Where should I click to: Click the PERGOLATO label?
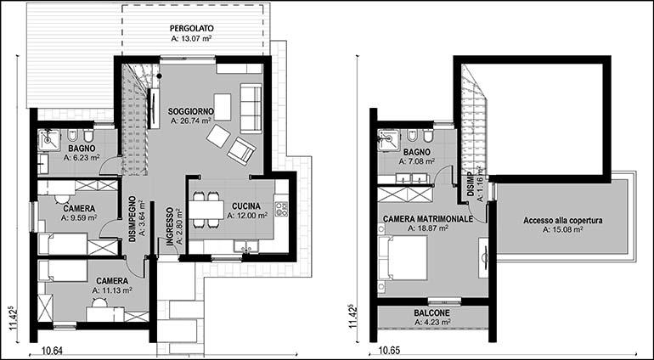[192, 29]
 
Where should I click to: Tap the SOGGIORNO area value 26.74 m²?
[190, 121]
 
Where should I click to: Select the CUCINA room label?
[246, 206]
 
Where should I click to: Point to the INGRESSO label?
[169, 225]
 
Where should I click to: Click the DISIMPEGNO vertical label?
[132, 218]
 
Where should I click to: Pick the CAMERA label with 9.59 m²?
[79, 208]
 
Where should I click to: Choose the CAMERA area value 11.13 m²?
[113, 290]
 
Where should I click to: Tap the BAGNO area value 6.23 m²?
[82, 158]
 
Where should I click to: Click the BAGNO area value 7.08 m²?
[417, 161]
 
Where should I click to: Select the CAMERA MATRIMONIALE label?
[428, 219]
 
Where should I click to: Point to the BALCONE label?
[432, 312]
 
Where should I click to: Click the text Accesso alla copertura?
[563, 220]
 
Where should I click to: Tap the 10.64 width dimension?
[52, 351]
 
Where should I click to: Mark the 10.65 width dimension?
[390, 351]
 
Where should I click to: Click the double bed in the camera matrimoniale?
[403, 258]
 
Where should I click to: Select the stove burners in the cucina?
[281, 209]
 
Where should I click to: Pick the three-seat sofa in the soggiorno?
[251, 109]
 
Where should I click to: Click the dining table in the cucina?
[206, 210]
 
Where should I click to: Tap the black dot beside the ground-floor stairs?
[159, 76]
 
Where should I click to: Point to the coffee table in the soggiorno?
[223, 107]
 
